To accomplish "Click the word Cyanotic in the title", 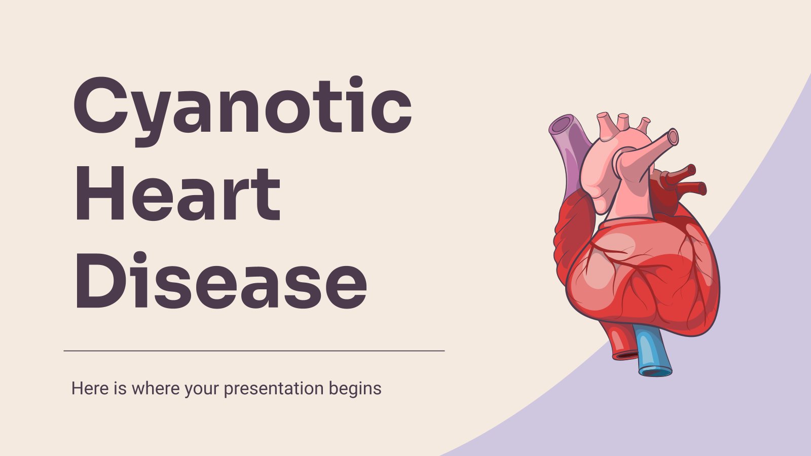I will pyautogui.click(x=242, y=106).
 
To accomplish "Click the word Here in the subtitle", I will pyautogui.click(x=90, y=389).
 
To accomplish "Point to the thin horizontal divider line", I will pyautogui.click(x=253, y=350).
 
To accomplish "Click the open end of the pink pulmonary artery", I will pyautogui.click(x=673, y=137).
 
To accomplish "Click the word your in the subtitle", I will pyautogui.click(x=202, y=389).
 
